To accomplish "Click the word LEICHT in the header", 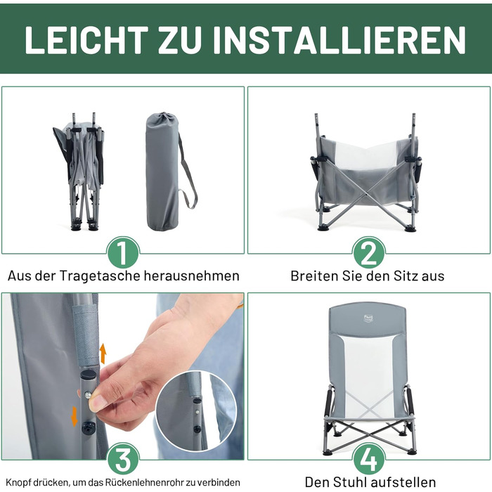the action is [86, 40].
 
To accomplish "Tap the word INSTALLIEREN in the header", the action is [339, 40].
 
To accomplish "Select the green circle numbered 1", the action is [123, 253].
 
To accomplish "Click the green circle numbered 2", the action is [369, 253].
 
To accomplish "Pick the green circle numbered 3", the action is [123, 460].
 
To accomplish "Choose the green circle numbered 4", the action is [369, 460].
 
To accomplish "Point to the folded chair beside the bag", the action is [80, 171].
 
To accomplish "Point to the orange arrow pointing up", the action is [103, 354].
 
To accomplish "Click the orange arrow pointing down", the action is [75, 416].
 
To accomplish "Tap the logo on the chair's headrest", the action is [368, 318].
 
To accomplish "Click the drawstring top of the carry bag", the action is [162, 117].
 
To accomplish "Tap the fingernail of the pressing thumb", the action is [95, 403].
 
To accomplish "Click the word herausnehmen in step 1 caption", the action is [191, 276].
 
